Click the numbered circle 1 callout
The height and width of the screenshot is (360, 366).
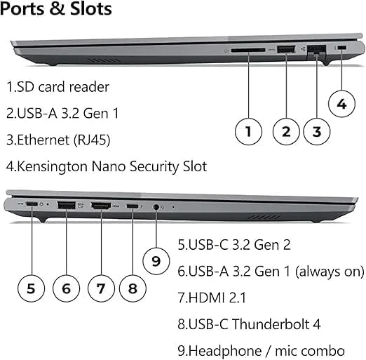click(248, 130)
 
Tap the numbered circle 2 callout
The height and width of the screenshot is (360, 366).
click(286, 130)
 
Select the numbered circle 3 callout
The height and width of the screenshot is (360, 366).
click(317, 130)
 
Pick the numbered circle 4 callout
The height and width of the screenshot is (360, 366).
click(341, 105)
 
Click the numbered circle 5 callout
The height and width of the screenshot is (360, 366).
click(31, 287)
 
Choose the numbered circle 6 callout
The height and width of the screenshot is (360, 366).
click(66, 287)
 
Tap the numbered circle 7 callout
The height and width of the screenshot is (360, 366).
click(101, 287)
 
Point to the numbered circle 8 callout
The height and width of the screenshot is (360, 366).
click(133, 287)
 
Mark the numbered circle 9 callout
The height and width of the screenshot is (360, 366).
click(156, 260)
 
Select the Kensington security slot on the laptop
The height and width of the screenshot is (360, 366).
click(341, 48)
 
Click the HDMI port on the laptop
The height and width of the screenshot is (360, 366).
click(102, 205)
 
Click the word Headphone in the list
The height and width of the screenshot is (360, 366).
click(224, 349)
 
